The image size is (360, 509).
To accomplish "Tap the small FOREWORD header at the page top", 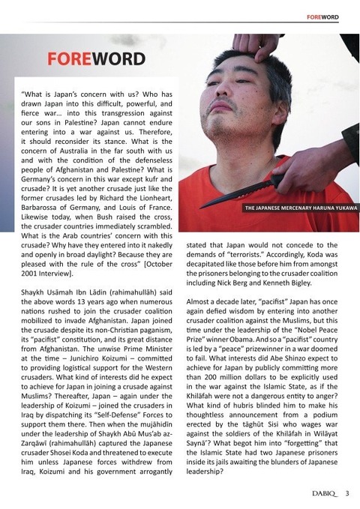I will point(328,17).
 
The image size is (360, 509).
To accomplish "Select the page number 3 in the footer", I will point(347,493).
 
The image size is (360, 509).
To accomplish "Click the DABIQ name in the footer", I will point(317,493).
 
